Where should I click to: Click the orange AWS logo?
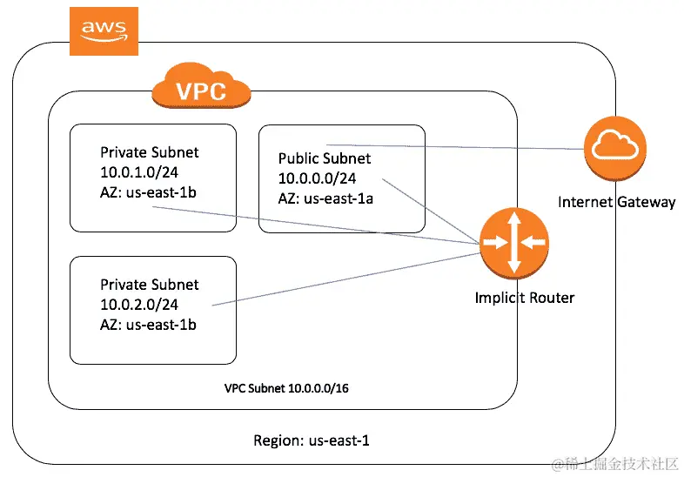tap(104, 31)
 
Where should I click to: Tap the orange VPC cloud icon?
tap(201, 85)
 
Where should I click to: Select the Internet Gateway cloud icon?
tap(615, 148)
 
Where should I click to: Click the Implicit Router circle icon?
tap(514, 243)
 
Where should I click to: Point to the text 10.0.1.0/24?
tap(139, 172)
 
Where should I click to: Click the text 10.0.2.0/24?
tap(139, 305)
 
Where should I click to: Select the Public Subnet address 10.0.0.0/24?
tap(317, 178)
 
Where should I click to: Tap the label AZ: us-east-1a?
tap(325, 198)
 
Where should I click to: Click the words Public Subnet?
tap(325, 158)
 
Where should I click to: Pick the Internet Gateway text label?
tap(616, 202)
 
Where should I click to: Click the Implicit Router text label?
tap(525, 298)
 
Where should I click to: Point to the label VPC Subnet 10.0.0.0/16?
tap(286, 388)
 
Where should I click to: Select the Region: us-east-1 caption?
tap(312, 440)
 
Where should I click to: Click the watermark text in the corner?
tap(615, 464)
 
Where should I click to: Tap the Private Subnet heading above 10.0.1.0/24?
tap(149, 152)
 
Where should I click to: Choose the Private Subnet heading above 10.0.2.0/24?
tap(149, 285)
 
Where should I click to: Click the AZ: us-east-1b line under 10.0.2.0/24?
tap(148, 325)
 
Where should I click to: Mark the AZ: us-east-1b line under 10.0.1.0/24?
tap(148, 192)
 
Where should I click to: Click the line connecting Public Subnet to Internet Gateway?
tap(455, 147)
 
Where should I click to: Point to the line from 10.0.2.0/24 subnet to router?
tap(346, 279)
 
